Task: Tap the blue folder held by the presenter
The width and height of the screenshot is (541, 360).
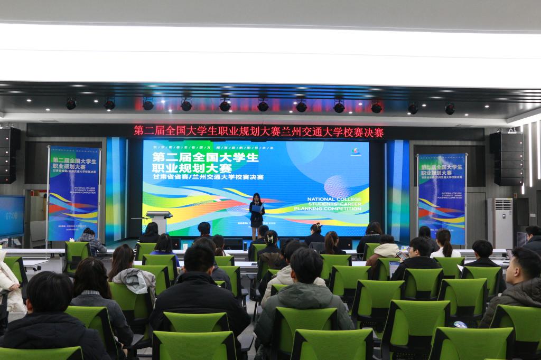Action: tap(257, 209)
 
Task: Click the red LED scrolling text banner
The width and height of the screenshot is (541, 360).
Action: tap(258, 131)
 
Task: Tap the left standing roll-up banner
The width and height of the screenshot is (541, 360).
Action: tap(73, 193)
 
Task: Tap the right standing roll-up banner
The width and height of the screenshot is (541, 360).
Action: tap(442, 198)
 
